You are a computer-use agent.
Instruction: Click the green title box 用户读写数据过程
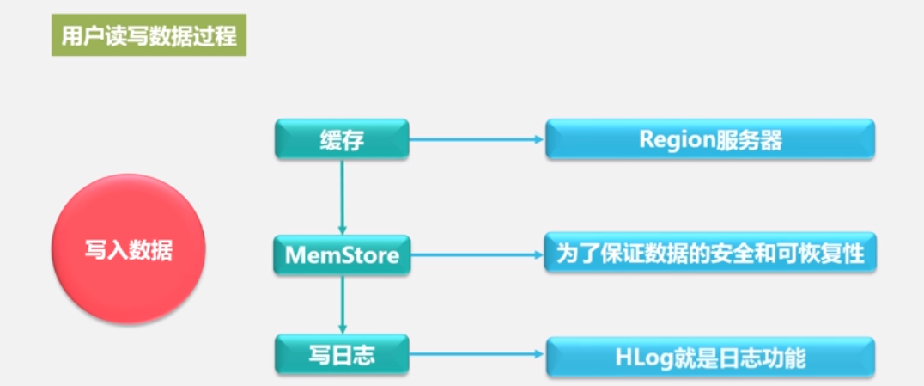(149, 35)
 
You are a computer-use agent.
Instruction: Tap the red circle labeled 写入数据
(129, 249)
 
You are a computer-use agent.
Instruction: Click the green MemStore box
(342, 254)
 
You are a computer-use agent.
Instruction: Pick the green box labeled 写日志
(342, 354)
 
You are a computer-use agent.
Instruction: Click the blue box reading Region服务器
(710, 139)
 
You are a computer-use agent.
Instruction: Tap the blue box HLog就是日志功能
(710, 356)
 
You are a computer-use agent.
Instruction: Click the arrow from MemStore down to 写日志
(342, 305)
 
